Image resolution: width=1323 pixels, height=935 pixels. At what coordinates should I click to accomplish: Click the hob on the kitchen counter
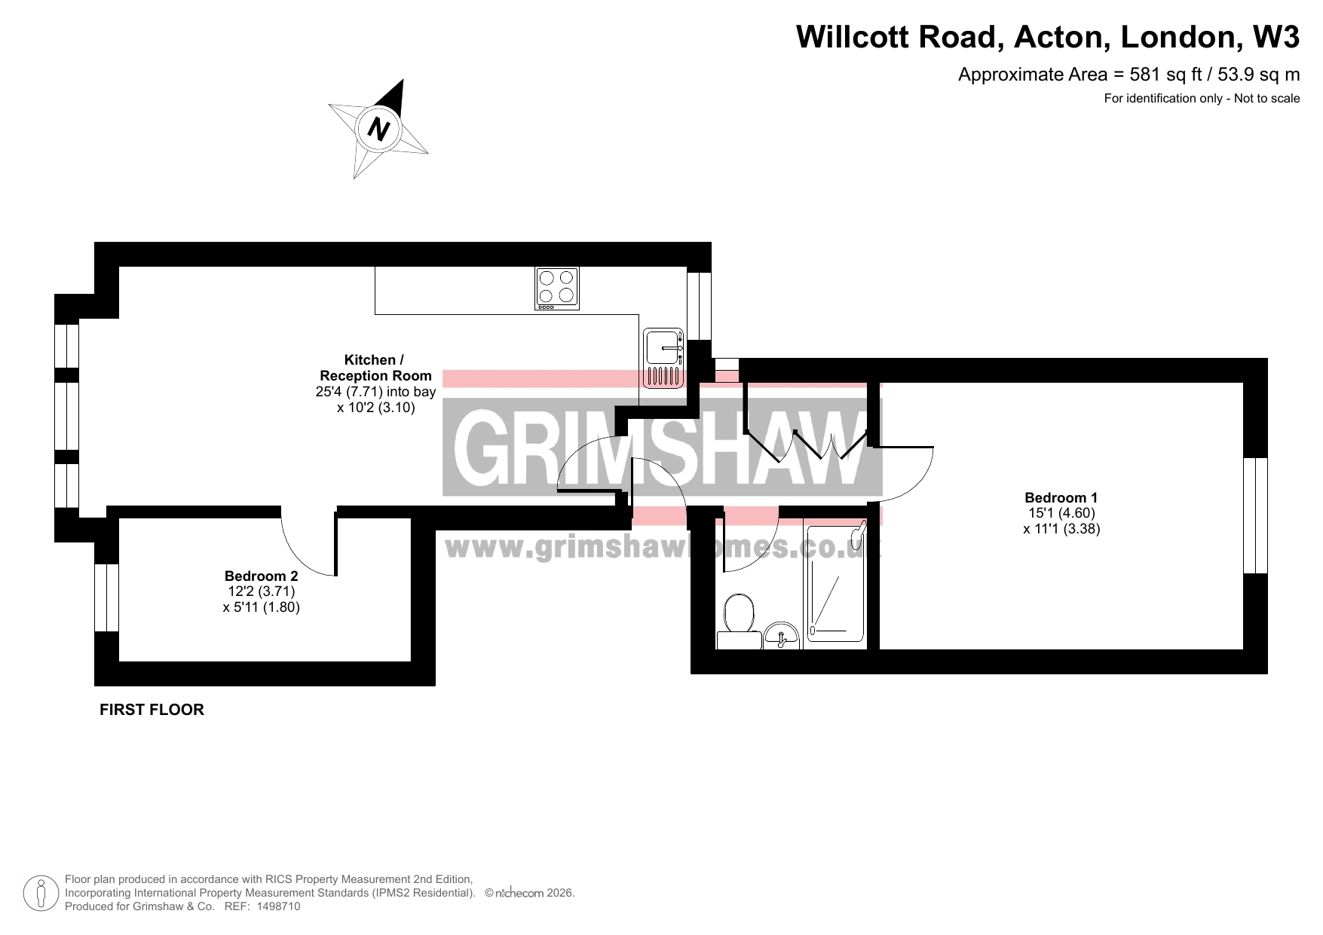pos(557,289)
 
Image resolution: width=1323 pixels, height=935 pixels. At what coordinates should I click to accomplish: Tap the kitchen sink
pos(663,358)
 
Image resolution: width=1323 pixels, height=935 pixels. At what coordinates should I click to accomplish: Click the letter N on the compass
pos(378,130)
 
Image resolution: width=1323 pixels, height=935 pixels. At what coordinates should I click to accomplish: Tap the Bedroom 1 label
pos(1061,497)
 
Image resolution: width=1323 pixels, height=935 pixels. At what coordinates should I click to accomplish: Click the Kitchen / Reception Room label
pos(375,368)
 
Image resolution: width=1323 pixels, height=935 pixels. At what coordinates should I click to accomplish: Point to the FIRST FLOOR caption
pos(152,710)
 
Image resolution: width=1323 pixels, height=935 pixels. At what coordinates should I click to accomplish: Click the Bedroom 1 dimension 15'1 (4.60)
pos(1061,513)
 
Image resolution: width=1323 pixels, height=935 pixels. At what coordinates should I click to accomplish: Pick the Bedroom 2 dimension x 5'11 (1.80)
pos(262,607)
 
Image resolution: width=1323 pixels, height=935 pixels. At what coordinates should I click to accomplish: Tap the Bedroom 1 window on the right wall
pos(1255,515)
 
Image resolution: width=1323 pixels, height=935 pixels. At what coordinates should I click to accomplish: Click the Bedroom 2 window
pos(106,597)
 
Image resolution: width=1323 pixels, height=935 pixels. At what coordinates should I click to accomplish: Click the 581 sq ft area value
pos(1162,75)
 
